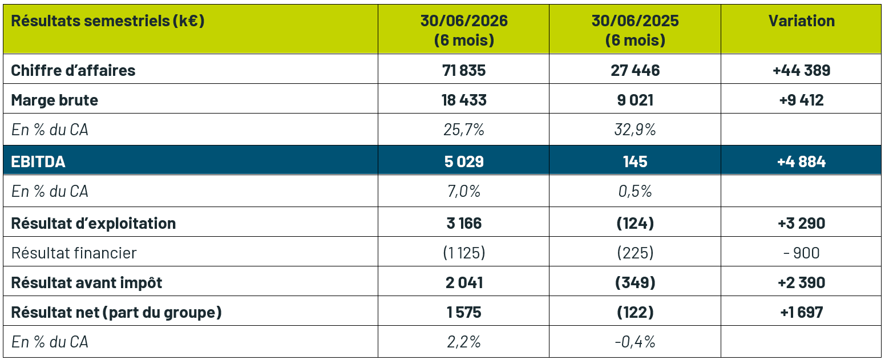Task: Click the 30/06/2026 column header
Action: coord(464,30)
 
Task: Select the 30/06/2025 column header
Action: coord(635,30)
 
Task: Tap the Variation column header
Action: coord(801,21)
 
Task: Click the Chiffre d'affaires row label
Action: coord(73,70)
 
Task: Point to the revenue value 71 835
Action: coord(464,70)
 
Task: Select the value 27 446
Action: coord(635,70)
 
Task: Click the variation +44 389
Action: coord(801,70)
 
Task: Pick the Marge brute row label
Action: coord(55,100)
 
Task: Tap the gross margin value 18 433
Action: coord(464,100)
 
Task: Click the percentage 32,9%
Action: coord(635,130)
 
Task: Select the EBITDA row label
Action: coord(38,161)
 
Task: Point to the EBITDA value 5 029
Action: coord(464,161)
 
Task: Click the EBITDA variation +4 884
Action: coord(801,161)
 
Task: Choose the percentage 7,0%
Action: coord(464,191)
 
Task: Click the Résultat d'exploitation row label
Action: coord(93,223)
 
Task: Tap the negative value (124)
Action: coord(635,223)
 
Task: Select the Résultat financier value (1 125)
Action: coord(464,253)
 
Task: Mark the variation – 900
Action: coord(801,253)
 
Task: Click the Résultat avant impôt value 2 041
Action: coord(464,282)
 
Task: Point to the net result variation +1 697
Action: coord(801,312)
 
